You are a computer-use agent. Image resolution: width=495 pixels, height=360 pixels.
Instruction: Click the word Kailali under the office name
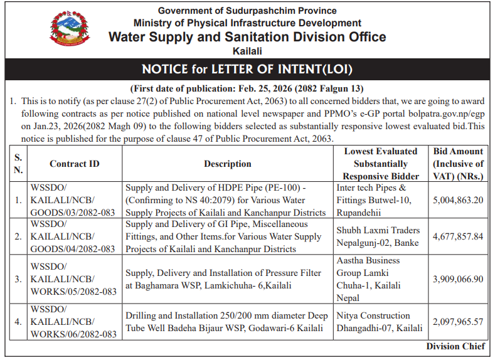pyautogui.click(x=247, y=51)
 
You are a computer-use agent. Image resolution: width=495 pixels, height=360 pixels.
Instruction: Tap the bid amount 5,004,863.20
pyautogui.click(x=457, y=200)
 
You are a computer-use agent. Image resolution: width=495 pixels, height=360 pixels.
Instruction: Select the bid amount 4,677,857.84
pyautogui.click(x=457, y=236)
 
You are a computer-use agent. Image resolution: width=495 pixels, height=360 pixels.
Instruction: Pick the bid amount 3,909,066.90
pyautogui.click(x=457, y=278)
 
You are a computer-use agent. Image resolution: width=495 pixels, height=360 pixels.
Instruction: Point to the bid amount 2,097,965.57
pyautogui.click(x=457, y=322)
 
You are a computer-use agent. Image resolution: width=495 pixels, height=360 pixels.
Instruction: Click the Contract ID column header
pyautogui.click(x=75, y=164)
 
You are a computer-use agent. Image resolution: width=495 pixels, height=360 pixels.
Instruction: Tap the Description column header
pyautogui.click(x=227, y=164)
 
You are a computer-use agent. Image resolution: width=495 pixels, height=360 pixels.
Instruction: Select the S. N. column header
pyautogui.click(x=18, y=164)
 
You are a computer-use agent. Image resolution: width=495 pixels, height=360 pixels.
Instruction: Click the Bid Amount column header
pyautogui.click(x=458, y=164)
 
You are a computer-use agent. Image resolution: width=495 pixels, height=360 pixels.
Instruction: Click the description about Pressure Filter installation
pyautogui.click(x=223, y=279)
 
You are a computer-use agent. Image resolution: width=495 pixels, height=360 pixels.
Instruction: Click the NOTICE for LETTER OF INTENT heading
pyautogui.click(x=247, y=68)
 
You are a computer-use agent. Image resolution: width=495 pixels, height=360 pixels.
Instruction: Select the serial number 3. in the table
pyautogui.click(x=18, y=279)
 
